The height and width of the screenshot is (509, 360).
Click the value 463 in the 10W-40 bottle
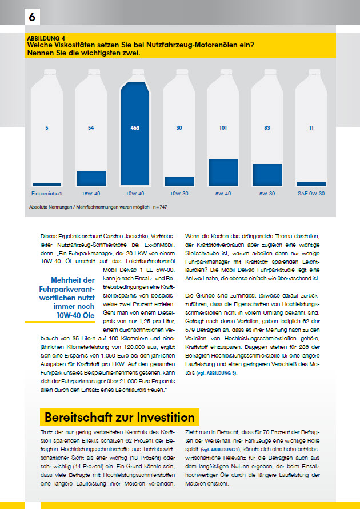click(135, 127)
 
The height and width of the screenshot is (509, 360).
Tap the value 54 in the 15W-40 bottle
click(91, 127)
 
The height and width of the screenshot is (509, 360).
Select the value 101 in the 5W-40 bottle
click(223, 127)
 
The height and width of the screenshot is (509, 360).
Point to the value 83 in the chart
click(267, 127)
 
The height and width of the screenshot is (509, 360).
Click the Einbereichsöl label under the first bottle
click(46, 193)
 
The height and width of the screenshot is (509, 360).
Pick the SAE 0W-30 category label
click(311, 193)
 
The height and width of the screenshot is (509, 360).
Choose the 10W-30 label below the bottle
click(179, 193)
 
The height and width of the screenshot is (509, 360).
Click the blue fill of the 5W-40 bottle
click(223, 172)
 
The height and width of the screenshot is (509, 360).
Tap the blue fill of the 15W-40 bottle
click(91, 178)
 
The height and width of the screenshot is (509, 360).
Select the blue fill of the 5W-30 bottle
click(267, 174)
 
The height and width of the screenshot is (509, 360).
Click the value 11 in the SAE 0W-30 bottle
click(311, 127)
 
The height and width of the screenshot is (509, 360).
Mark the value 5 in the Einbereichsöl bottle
click(46, 127)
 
